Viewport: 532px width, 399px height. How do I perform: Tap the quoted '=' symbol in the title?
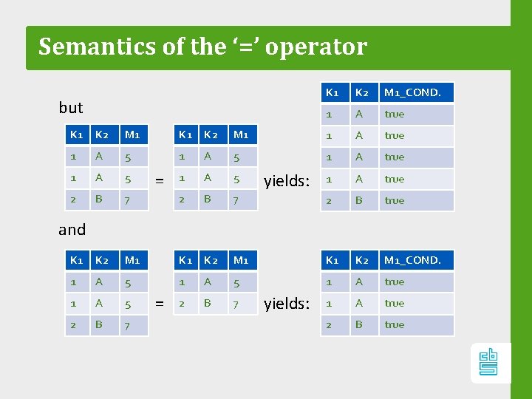pos(241,46)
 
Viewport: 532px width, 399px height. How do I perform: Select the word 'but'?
pos(71,108)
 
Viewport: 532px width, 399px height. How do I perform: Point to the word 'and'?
pos(72,230)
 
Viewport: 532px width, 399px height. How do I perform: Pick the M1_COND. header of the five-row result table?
pos(412,93)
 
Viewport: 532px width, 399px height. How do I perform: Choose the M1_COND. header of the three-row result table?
pos(412,260)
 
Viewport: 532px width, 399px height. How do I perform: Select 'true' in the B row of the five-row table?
pos(395,200)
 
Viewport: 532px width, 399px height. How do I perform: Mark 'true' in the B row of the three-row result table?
pos(395,324)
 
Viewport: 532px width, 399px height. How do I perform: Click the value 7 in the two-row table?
pos(236,303)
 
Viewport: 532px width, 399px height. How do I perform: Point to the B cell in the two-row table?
pos(208,303)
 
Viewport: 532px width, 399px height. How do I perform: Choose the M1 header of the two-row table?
pos(241,260)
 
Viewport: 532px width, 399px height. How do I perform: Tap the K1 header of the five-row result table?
pos(332,93)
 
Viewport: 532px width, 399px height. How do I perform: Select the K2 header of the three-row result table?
pos(361,260)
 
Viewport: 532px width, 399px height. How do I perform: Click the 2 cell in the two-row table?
pos(182,303)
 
